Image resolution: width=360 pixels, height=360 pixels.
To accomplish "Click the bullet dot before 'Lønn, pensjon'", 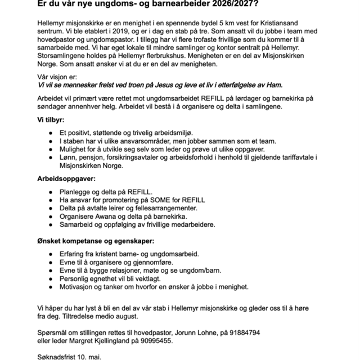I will [51, 159].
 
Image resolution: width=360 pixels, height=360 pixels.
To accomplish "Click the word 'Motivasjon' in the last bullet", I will [79, 286].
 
